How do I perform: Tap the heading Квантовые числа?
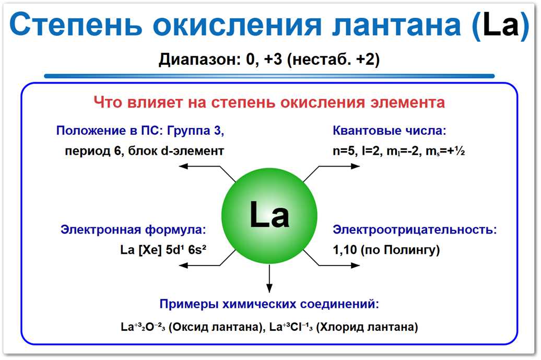pyautogui.click(x=390, y=131)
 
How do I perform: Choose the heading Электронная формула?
pyautogui.click(x=133, y=230)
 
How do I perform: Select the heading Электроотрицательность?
pyautogui.click(x=415, y=230)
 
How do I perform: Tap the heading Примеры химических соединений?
pyautogui.click(x=269, y=304)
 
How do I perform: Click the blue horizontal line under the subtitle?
pyautogui.click(x=269, y=76)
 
